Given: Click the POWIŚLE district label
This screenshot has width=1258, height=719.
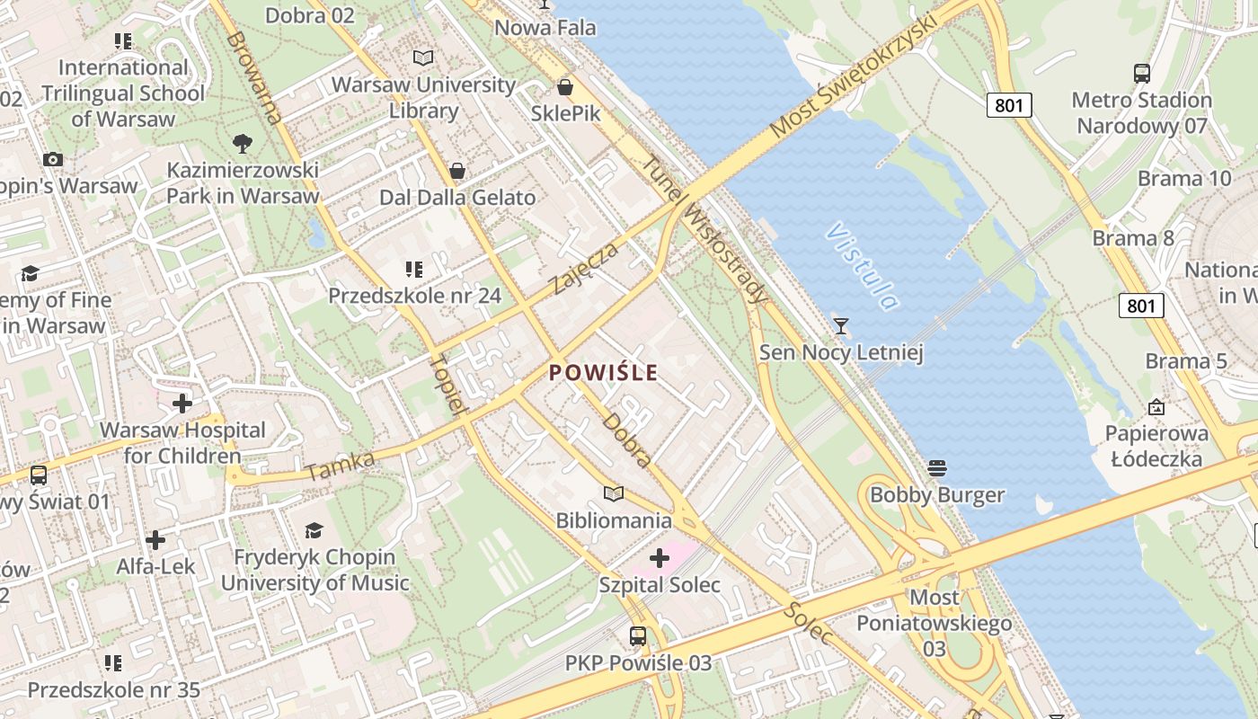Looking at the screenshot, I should [x=603, y=372].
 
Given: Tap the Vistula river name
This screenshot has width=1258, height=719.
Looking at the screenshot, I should [x=862, y=266].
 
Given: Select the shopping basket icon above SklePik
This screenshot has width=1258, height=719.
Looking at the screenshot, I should [x=565, y=87].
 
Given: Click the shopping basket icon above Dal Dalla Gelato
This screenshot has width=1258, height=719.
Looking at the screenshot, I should [x=457, y=171].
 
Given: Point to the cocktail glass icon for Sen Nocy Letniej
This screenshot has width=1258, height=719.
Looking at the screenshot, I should [x=841, y=325].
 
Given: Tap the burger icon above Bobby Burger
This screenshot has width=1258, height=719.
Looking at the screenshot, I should [x=937, y=467].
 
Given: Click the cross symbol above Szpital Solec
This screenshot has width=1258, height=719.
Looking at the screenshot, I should [x=660, y=559].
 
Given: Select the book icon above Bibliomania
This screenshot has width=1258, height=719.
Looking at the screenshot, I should [x=614, y=493].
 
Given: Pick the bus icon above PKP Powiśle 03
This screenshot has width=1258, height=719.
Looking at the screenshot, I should [x=638, y=636].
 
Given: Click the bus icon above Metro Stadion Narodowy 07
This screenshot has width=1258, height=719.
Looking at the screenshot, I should [x=1142, y=74].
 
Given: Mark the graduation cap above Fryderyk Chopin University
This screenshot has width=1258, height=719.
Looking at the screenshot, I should [x=314, y=530].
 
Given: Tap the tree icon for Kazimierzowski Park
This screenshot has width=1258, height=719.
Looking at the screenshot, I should [x=242, y=143].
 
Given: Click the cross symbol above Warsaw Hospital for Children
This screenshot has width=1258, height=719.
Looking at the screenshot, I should [x=182, y=404].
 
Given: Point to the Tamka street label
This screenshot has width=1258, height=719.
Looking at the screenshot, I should [x=341, y=466].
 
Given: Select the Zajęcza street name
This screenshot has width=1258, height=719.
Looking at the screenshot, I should [x=585, y=268].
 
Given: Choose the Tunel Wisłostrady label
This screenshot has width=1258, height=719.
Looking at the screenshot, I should [x=707, y=230].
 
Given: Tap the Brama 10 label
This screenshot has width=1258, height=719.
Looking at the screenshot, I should [x=1183, y=178].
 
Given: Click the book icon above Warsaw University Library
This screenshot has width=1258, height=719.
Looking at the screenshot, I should [x=423, y=58].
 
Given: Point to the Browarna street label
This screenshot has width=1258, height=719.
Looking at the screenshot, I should [x=254, y=77].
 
